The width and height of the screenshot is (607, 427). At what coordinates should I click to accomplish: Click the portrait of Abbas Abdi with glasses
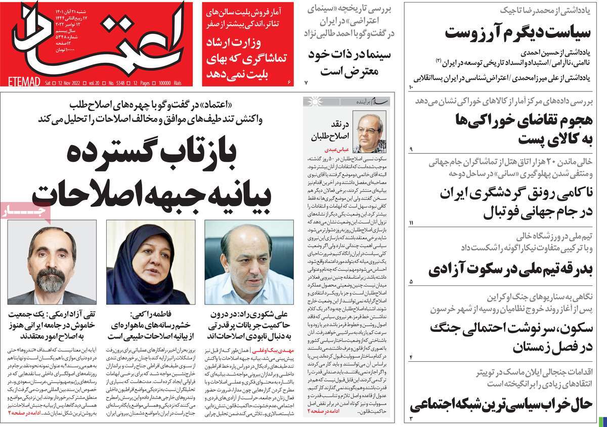tap(369, 133)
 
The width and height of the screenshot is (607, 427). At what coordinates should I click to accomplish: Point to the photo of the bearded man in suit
tap(51, 263)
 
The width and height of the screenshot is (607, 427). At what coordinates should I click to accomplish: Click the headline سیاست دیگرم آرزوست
tap(518, 33)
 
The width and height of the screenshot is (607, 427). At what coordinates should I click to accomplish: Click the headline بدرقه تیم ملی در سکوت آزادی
tap(510, 270)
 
